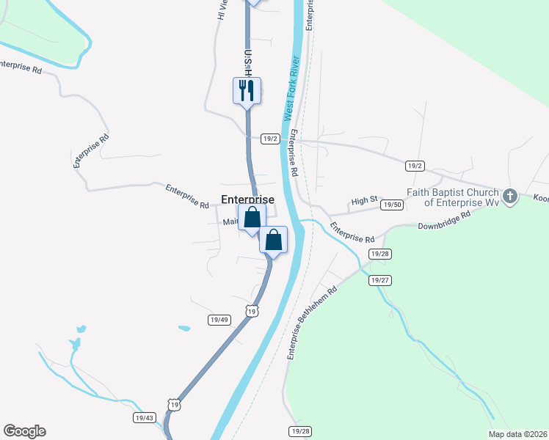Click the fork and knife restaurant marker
point(247,91)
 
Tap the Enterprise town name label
point(247,199)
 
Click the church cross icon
point(511,196)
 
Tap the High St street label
point(363,200)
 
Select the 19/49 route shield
point(219,320)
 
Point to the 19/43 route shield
point(145,417)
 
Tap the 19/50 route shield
point(393,205)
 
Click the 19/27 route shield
point(379,280)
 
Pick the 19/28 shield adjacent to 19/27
point(379,254)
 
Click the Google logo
point(24,431)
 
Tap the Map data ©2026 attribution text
point(517,434)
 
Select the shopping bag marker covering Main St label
point(252,218)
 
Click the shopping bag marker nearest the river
point(273,240)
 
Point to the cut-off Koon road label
point(540,198)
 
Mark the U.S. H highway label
point(248,62)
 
